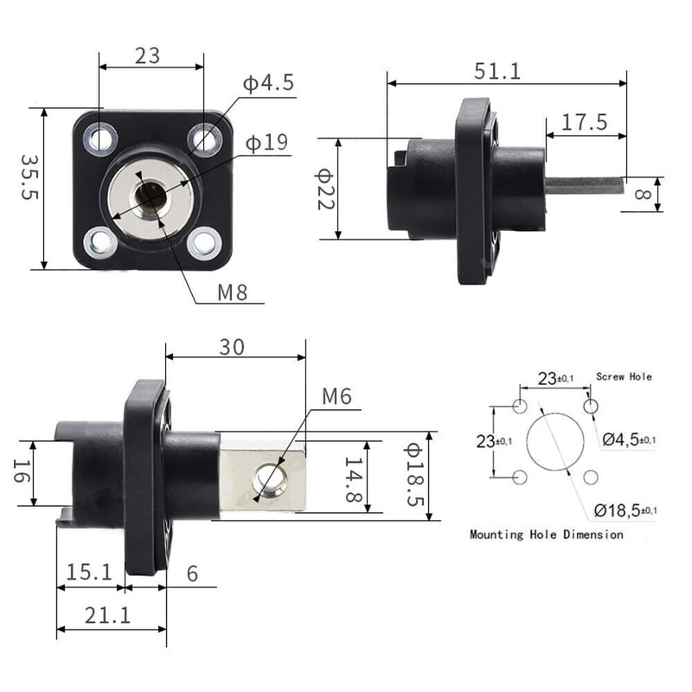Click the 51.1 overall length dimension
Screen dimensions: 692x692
[497, 71]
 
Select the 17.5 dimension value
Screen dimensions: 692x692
[584, 122]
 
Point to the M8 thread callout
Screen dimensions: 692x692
[232, 292]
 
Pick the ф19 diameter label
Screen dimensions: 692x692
[266, 143]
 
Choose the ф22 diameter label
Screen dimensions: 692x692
[324, 189]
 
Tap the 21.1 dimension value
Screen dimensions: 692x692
[110, 615]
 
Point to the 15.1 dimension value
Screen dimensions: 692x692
[88, 572]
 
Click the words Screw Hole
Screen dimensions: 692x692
[624, 377]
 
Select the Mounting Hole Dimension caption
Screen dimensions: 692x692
[546, 535]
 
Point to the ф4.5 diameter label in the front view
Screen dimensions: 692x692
[268, 84]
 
